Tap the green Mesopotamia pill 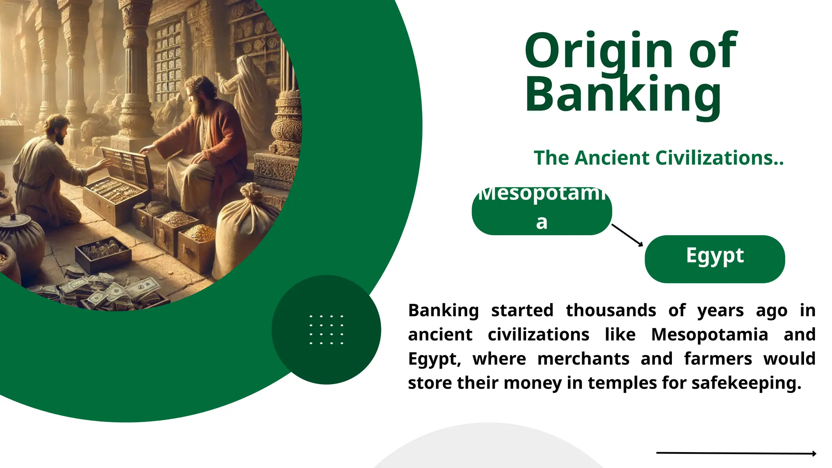[x=542, y=211]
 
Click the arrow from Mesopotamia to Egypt [x=627, y=235]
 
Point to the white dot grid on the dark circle [x=326, y=329]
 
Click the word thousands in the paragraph [x=611, y=310]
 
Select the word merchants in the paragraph [x=583, y=359]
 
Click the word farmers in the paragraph [x=718, y=359]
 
